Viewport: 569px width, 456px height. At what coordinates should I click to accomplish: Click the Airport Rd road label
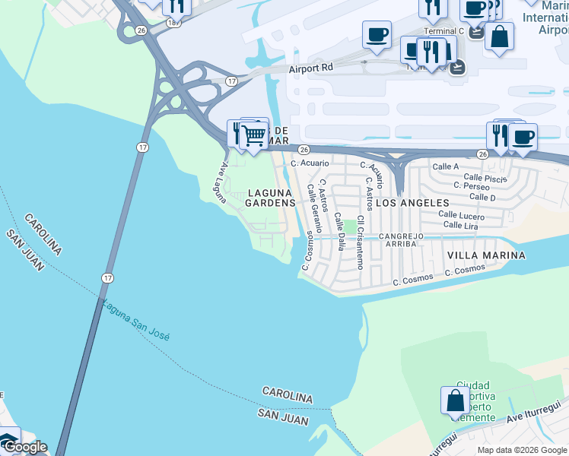tap(311, 68)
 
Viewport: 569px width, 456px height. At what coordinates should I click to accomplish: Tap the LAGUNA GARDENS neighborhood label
tap(270, 198)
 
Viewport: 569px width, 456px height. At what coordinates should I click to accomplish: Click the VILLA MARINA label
tap(485, 255)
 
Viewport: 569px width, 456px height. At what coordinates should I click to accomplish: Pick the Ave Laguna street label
tap(219, 182)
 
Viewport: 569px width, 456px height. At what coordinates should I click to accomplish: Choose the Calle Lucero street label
tap(461, 216)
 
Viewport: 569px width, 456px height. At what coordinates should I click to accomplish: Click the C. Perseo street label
tap(471, 185)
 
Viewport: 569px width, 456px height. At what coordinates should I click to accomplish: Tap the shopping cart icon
tap(253, 136)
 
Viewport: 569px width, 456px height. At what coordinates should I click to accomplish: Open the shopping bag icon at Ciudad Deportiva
tap(455, 401)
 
